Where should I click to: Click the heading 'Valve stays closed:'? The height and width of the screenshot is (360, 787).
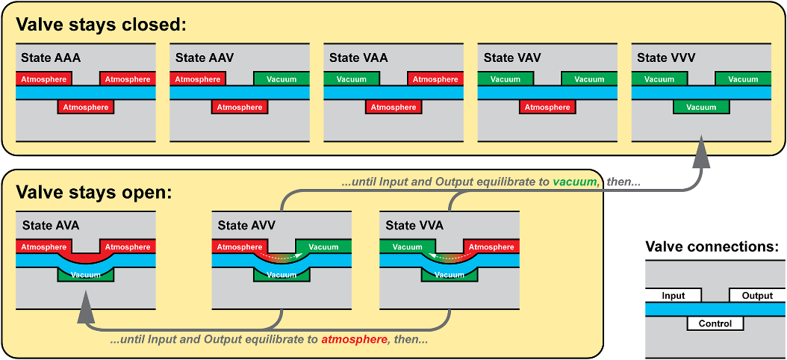point(101,24)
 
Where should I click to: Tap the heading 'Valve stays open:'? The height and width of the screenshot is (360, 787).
point(94,192)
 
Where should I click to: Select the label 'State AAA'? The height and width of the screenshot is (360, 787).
point(51,58)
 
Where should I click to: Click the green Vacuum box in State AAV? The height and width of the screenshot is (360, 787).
point(281,79)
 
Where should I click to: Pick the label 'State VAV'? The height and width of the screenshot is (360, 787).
point(512,58)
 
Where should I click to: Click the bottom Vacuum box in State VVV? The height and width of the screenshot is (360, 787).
point(701,107)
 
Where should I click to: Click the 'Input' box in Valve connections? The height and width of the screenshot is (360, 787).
point(673,296)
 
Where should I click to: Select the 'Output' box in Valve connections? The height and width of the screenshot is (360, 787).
point(757,296)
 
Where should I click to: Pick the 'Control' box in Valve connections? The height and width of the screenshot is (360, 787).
point(715,323)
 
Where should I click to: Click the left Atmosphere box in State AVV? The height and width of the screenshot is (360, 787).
point(240,246)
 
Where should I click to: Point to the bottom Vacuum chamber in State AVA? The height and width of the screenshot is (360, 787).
point(86,275)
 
